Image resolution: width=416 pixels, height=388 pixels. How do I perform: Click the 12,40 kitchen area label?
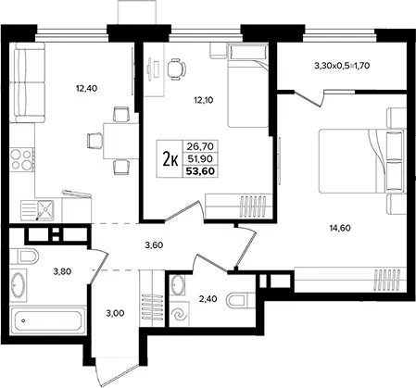coord(86,89)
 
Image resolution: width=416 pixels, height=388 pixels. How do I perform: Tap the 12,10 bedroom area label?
coord(204,100)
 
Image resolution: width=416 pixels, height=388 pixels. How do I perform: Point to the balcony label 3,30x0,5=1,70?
coord(342,66)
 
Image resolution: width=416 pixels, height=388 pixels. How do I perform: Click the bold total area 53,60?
coord(200,171)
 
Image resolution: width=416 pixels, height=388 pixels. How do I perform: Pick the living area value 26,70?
coord(200,145)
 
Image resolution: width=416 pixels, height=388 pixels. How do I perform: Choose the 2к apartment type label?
coord(170,159)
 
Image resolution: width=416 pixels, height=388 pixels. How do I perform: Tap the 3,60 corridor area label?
coord(154,245)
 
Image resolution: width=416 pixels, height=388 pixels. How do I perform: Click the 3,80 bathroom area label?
coord(62,271)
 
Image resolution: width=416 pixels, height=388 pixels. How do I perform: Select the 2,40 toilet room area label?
coord(208,299)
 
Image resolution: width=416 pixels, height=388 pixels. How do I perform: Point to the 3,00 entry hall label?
coord(115,313)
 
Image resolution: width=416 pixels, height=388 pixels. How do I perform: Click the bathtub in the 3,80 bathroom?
coord(48,320)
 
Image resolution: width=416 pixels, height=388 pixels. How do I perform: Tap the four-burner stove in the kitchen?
coord(21,159)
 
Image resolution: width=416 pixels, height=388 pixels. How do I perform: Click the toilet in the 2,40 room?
coord(240,300)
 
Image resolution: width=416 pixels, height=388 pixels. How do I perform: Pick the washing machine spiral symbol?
coord(179,315)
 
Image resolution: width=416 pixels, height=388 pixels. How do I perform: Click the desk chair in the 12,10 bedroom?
coord(177,69)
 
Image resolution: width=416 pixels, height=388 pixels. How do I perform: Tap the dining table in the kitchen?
coord(120,141)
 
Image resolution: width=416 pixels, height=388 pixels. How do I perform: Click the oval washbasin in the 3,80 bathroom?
coord(18,285)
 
